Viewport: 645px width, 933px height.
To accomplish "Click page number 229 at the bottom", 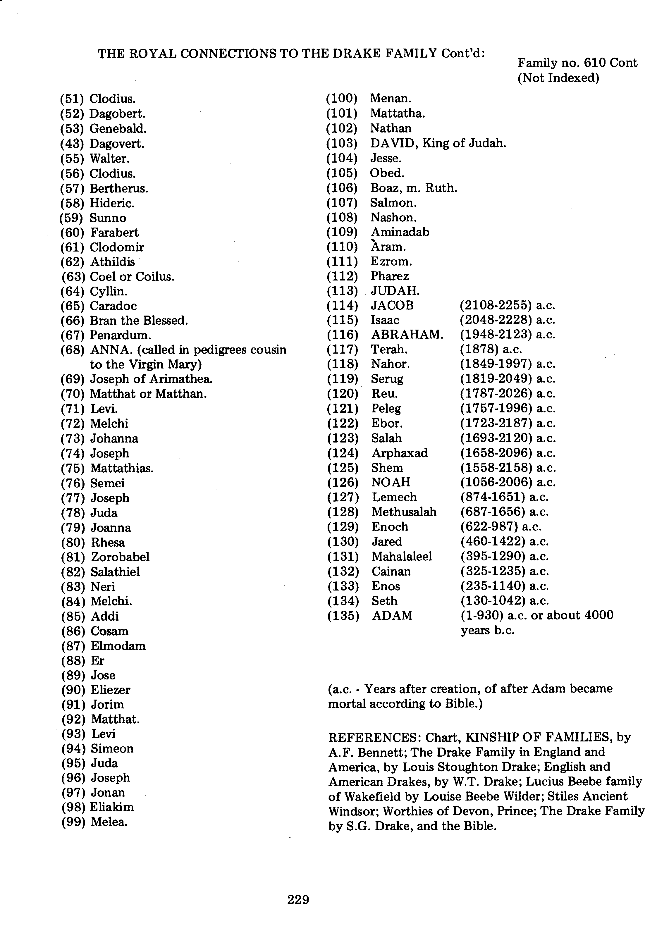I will coord(298,899).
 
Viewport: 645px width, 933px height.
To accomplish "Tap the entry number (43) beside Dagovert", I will coord(72,143).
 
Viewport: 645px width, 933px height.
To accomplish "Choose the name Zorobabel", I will coord(120,557).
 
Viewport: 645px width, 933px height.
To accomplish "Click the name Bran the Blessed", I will coord(139,321).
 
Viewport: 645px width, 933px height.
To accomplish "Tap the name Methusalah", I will coord(404,512).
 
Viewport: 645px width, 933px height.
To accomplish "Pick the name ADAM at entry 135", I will coord(392,615).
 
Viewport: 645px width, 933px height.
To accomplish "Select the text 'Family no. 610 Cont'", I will coord(577,63).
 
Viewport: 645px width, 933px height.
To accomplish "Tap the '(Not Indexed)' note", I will coord(558,78).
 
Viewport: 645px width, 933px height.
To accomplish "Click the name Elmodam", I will coord(118,646).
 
